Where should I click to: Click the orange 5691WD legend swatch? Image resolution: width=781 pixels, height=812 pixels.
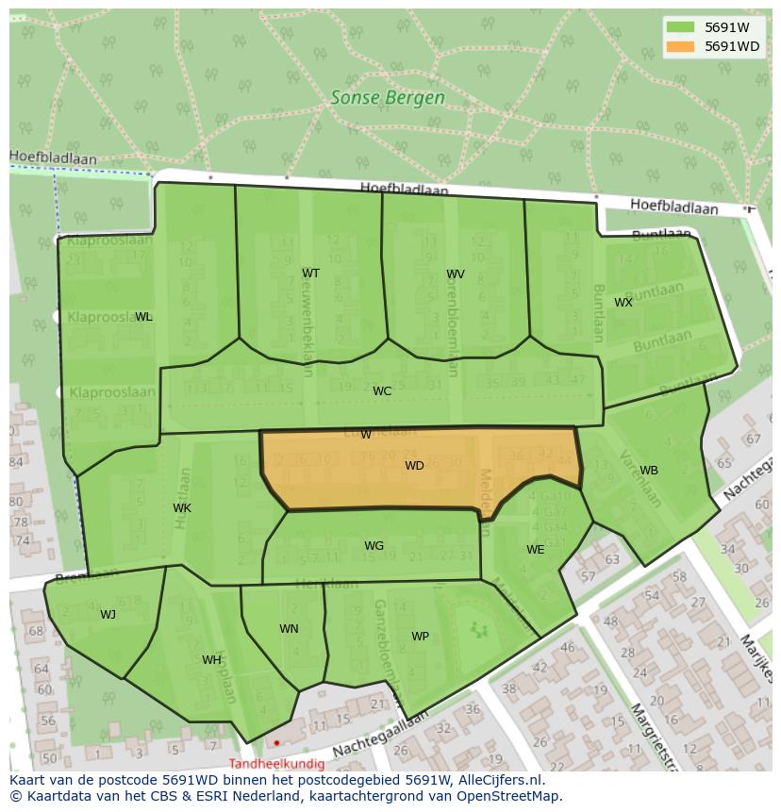click(679, 46)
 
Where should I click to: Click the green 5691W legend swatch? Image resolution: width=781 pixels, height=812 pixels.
click(679, 27)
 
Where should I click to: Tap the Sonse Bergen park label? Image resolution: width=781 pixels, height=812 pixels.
click(388, 97)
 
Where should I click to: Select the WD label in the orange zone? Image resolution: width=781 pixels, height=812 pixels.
click(414, 466)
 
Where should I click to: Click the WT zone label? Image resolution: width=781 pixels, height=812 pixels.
click(310, 273)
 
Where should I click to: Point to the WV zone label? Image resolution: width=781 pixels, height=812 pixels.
click(456, 274)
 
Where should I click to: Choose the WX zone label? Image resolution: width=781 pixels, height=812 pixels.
click(623, 303)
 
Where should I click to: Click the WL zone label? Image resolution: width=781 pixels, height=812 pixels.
click(143, 317)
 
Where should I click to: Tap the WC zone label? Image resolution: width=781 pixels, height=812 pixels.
click(382, 391)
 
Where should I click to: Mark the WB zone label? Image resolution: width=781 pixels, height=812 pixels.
click(649, 471)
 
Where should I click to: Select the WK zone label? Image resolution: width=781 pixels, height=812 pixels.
click(182, 508)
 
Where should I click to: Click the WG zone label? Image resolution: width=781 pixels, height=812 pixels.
click(374, 546)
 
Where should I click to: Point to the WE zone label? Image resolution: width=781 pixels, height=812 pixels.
click(535, 550)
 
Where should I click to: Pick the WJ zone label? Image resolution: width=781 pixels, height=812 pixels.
click(108, 615)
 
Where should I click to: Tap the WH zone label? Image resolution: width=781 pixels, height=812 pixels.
click(211, 660)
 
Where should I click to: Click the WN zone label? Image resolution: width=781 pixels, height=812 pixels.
click(289, 629)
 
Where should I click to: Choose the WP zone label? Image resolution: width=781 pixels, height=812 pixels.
click(420, 637)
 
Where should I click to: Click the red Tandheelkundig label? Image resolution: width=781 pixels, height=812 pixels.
click(276, 764)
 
